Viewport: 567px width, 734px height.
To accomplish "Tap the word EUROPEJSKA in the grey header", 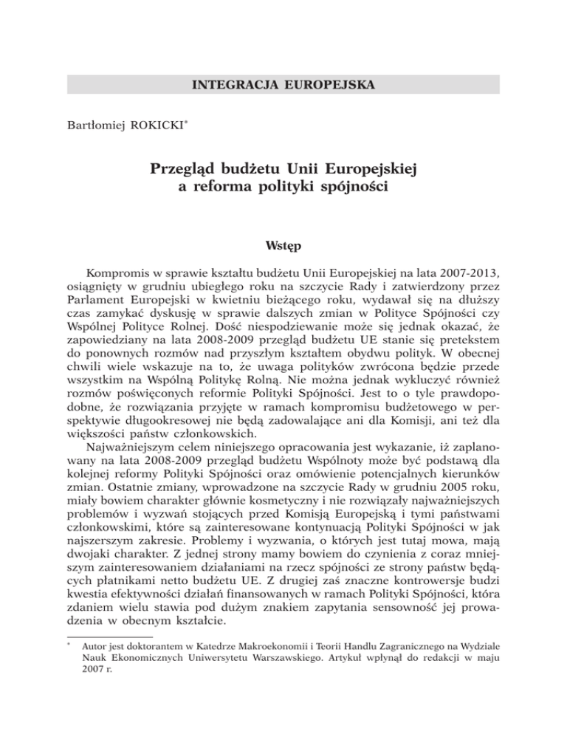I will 326,84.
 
